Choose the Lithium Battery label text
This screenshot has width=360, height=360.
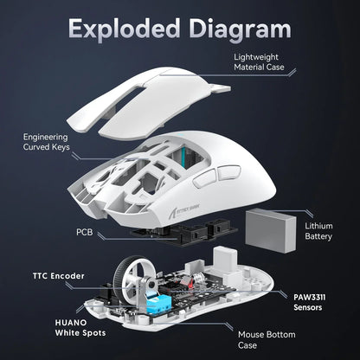[318, 231]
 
